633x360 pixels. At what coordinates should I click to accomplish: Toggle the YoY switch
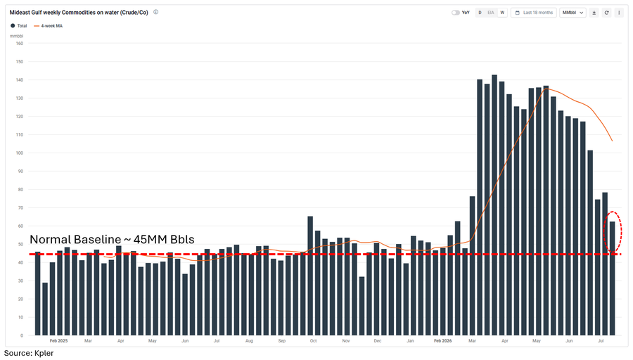pos(455,13)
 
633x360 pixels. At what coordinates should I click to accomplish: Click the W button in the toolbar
pos(502,13)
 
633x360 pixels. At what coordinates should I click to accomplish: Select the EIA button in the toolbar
pos(490,13)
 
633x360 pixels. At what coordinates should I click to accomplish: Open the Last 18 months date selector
pos(534,13)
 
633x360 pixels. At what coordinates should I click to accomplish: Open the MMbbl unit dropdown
pos(573,13)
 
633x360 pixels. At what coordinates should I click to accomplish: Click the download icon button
pos(594,13)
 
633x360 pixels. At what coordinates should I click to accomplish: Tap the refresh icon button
pos(606,13)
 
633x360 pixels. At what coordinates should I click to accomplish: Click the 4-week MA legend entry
pos(49,26)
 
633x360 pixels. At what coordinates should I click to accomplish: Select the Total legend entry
pos(18,26)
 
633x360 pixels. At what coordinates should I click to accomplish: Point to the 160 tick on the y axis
pos(20,43)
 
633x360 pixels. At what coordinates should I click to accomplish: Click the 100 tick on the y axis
pos(20,153)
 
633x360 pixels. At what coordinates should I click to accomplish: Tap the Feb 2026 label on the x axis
pos(443,340)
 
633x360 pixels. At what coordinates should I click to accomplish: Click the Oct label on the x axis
pos(313,340)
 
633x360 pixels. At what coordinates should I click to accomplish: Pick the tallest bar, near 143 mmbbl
pos(494,205)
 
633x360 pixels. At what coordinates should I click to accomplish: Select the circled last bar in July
pos(612,278)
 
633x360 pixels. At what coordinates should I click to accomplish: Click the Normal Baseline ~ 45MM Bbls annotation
pos(112,239)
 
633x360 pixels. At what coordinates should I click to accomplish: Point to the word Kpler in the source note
pos(44,353)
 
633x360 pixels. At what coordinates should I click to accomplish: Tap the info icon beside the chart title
pos(156,12)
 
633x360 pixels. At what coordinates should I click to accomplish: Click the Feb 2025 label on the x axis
pos(58,340)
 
